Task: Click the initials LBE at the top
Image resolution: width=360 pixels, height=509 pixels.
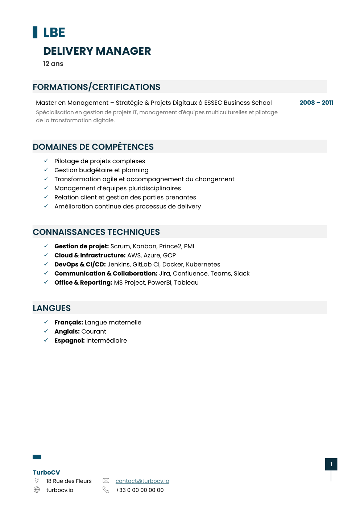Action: [x=54, y=33]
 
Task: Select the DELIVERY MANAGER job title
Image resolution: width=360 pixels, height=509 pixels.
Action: [x=97, y=51]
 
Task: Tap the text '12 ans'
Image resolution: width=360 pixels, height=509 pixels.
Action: [x=53, y=64]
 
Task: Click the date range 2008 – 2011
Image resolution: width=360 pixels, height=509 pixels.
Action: [x=316, y=103]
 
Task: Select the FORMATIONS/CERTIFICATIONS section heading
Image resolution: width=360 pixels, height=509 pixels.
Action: [x=96, y=87]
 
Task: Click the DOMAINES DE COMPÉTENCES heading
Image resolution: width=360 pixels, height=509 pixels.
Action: [x=93, y=147]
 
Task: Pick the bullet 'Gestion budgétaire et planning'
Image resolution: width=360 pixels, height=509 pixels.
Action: [x=101, y=170]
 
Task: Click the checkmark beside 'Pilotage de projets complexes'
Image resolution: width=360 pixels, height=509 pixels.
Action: [x=46, y=161]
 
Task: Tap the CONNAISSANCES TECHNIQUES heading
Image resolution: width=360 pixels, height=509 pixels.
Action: [x=96, y=232]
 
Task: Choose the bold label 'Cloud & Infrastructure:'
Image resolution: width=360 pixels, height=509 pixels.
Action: [x=90, y=255]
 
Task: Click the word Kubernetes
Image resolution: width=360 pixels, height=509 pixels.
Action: [x=203, y=264]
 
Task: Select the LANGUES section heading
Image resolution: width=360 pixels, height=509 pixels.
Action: [x=51, y=308]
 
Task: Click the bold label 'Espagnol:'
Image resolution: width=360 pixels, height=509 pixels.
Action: [x=69, y=340]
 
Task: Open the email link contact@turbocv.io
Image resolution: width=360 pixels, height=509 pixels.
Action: [x=142, y=481]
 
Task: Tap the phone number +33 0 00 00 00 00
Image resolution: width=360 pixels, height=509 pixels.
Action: [x=140, y=490]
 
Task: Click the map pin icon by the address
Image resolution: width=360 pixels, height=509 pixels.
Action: [x=37, y=481]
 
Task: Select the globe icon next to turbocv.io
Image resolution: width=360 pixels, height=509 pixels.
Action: [x=37, y=490]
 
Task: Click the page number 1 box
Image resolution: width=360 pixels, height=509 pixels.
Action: [x=331, y=464]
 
